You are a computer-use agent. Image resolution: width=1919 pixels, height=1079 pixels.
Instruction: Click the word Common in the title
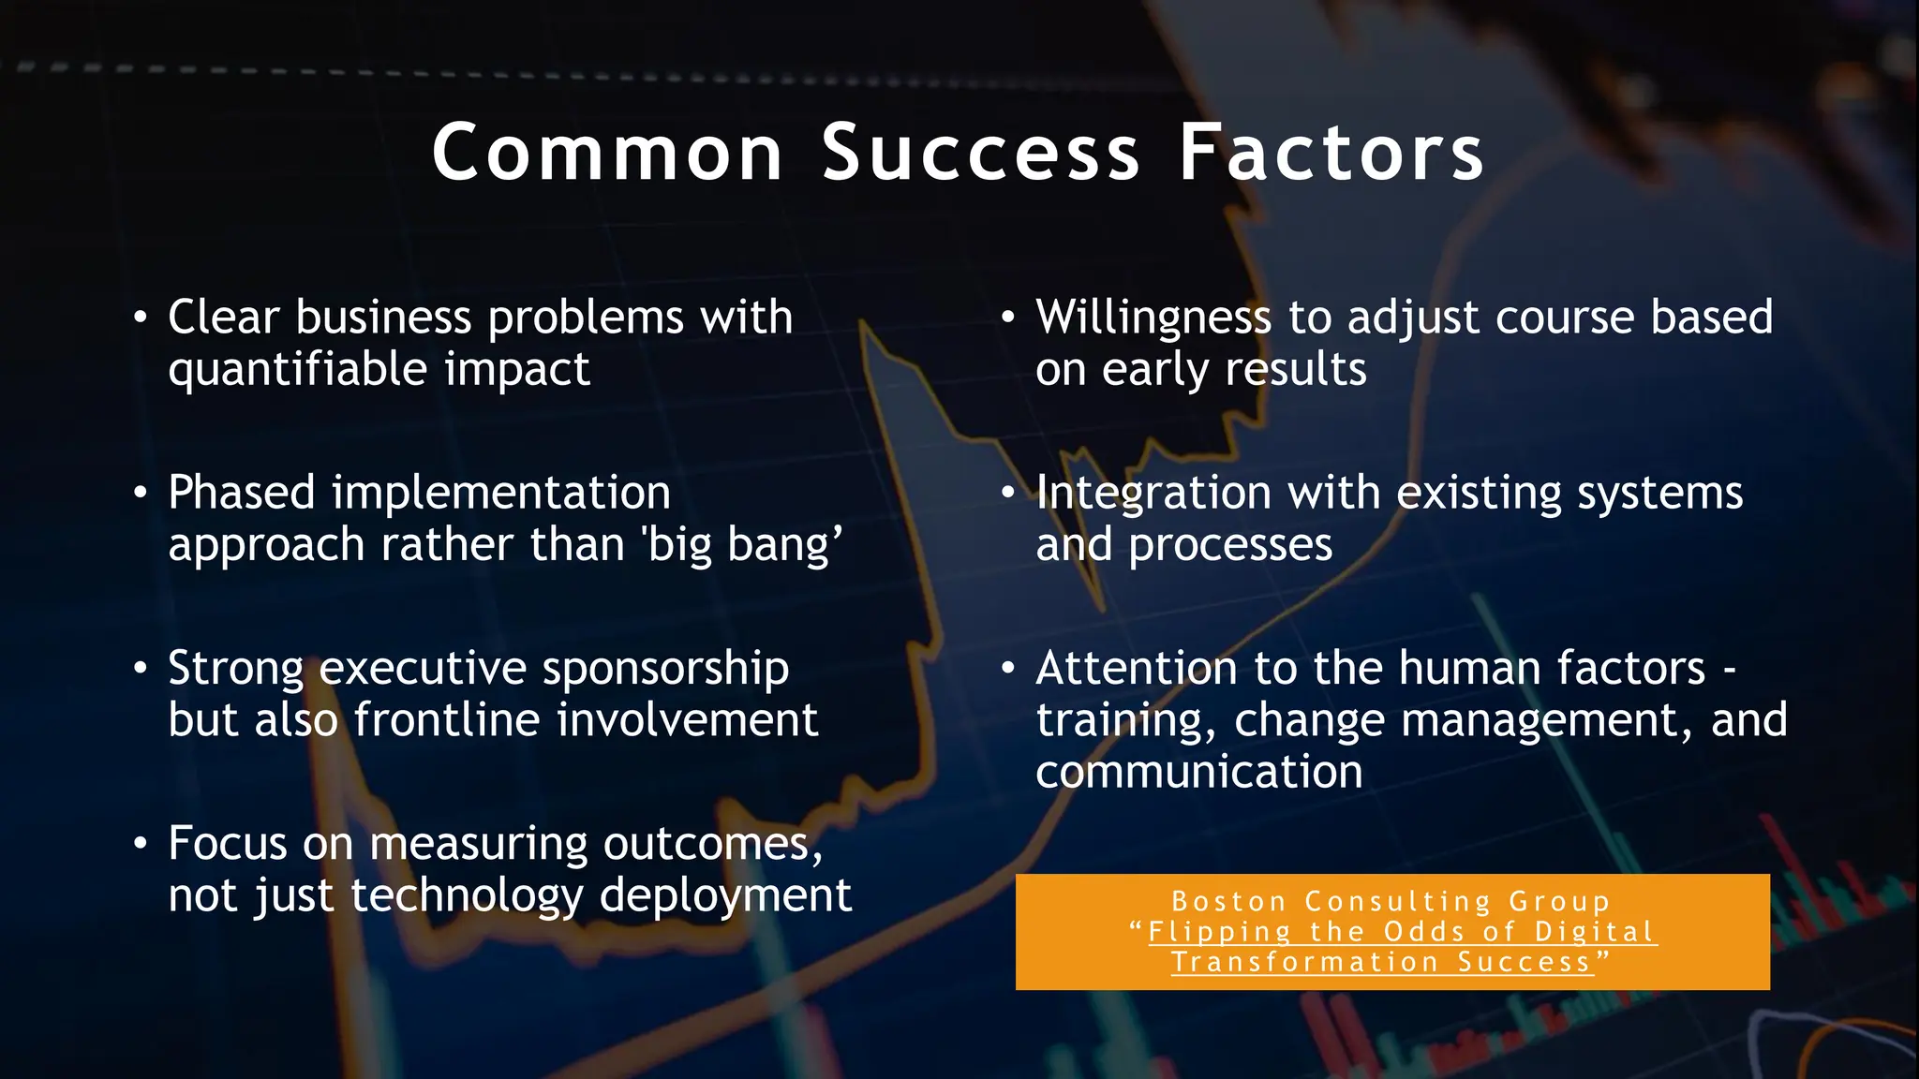coord(607,153)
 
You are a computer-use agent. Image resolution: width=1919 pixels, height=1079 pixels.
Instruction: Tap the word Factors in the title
coord(1331,153)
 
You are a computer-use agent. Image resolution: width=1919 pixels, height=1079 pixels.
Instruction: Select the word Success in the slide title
coord(980,153)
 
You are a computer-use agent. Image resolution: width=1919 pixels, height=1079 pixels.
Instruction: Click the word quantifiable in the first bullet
coord(297,370)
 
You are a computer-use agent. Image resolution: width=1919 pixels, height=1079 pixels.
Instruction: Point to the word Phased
coord(242,493)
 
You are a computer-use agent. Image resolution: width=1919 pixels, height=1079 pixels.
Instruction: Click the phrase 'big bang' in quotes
coord(742,545)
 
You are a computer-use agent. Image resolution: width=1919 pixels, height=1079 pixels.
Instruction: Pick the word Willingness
coord(1153,318)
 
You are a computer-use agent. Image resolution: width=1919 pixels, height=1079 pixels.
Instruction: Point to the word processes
coord(1229,545)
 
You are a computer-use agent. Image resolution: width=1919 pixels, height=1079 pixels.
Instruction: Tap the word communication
coord(1198,773)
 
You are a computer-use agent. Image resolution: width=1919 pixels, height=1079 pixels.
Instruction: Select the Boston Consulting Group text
coord(1391,901)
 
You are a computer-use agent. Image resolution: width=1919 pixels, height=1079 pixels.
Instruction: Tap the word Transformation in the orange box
coord(1304,962)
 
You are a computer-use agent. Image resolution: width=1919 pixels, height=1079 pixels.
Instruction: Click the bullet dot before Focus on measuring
coord(140,844)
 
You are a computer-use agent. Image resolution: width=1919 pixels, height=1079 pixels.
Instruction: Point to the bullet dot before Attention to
coord(1007,669)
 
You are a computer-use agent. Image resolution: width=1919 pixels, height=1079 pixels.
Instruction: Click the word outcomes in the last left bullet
coord(706,844)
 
